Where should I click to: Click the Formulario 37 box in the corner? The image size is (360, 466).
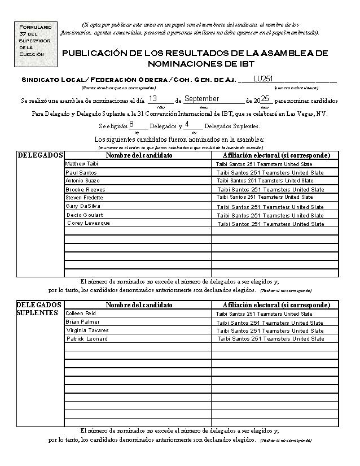click(x=36, y=42)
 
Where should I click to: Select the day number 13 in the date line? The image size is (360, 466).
click(x=153, y=99)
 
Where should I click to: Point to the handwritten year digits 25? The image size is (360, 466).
click(x=265, y=99)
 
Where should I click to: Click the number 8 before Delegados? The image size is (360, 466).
click(x=131, y=124)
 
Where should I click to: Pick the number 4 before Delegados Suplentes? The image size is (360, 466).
click(x=186, y=124)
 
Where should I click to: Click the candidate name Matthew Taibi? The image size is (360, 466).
click(x=82, y=164)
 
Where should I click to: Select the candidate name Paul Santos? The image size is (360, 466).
click(x=81, y=172)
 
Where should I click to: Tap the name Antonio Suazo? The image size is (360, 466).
click(x=82, y=181)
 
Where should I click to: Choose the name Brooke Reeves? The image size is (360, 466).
click(x=85, y=189)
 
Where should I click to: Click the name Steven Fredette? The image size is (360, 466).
click(x=84, y=198)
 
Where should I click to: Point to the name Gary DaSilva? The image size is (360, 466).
click(x=83, y=206)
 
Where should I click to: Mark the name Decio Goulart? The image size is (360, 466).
click(x=85, y=215)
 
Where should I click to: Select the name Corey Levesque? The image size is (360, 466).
click(x=88, y=223)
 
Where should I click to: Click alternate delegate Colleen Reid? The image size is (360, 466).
click(x=81, y=313)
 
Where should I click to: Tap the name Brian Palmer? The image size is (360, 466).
click(x=82, y=322)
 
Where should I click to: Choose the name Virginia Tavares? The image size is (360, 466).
click(x=87, y=330)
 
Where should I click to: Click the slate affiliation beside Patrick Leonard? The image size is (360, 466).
click(x=271, y=339)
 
